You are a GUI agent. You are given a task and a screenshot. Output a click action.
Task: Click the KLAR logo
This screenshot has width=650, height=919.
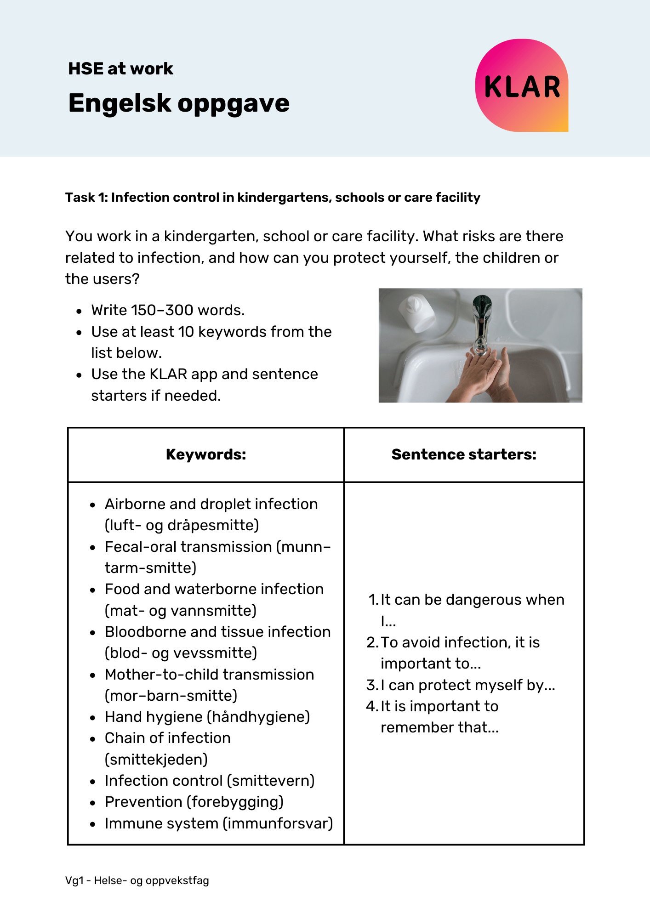coord(522,86)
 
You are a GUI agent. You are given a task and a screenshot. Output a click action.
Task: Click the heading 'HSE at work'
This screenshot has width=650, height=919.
coord(120,69)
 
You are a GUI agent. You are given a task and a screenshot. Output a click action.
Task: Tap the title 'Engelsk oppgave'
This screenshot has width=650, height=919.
coord(179,103)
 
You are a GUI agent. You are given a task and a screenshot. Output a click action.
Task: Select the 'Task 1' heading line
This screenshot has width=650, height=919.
coord(273,198)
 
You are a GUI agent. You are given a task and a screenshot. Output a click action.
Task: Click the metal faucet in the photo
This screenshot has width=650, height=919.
coord(481,322)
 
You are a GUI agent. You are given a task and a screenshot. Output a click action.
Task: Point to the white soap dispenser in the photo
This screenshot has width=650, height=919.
coord(416,313)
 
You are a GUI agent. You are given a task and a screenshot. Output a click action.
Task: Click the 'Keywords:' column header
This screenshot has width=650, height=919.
coord(205,454)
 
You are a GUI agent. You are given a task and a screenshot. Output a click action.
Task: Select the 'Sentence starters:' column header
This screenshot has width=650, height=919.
coord(464,454)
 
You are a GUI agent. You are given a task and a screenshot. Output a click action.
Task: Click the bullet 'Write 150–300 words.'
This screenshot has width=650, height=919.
coord(168,310)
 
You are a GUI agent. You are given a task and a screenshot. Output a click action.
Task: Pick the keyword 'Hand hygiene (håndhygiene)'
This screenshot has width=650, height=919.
coord(207,717)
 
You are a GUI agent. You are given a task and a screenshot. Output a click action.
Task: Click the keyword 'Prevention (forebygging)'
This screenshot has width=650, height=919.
coord(194,802)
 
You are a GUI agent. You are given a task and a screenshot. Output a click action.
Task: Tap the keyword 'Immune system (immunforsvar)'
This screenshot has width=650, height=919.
coord(219,823)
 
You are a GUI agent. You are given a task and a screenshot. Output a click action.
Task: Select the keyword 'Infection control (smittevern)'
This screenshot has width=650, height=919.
coord(210,781)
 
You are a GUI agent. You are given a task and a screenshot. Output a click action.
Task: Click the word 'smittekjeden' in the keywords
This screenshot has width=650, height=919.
coord(156,760)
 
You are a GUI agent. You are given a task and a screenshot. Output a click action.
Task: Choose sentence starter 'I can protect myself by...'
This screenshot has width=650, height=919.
coord(468,685)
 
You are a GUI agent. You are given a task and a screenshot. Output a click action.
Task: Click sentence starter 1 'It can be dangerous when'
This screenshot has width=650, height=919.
coord(472,600)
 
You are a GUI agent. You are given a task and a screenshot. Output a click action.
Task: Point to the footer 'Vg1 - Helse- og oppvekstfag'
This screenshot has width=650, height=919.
coord(137,881)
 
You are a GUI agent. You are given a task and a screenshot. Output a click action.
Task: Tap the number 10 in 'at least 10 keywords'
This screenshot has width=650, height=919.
coord(186,332)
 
